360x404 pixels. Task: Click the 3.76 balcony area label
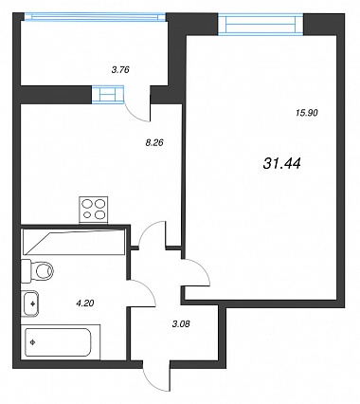click(120, 70)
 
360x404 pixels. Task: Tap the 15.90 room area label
click(307, 113)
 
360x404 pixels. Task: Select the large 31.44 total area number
click(281, 163)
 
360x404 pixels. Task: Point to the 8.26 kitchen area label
click(153, 143)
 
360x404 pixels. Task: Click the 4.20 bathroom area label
click(85, 303)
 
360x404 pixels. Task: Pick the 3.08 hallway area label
click(182, 324)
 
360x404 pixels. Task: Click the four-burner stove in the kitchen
click(93, 211)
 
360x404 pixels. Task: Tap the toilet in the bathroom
click(37, 270)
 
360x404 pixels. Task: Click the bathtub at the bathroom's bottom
click(59, 342)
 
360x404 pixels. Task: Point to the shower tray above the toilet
click(73, 242)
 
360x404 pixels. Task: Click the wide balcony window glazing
click(95, 17)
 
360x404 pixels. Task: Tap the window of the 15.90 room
click(261, 25)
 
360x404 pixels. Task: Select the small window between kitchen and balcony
click(107, 95)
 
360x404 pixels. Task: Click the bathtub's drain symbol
click(32, 341)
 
